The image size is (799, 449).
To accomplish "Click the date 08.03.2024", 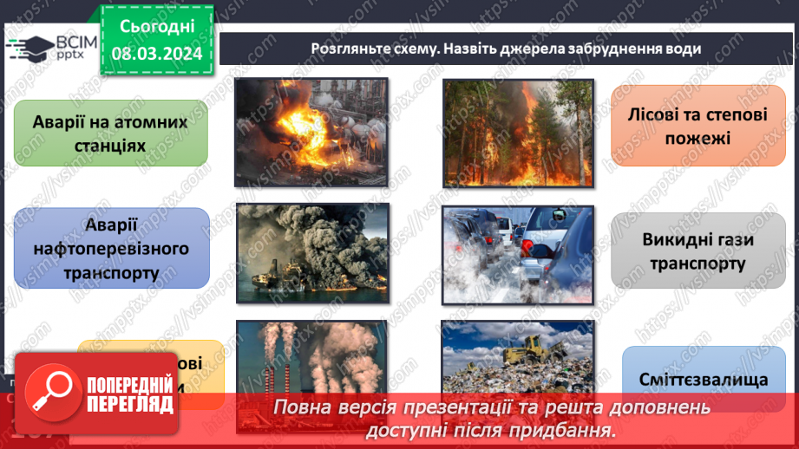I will [156, 54].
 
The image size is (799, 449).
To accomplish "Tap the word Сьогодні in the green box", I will [156, 28].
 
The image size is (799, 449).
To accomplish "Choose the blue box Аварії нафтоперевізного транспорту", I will [111, 249].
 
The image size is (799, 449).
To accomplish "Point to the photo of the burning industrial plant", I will [311, 132].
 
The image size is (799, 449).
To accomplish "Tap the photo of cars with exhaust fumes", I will [518, 255].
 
